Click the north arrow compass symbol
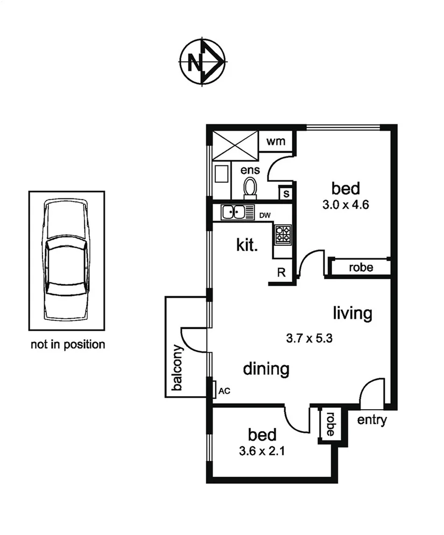click(x=201, y=63)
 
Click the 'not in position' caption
click(x=67, y=345)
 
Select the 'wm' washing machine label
click(x=276, y=142)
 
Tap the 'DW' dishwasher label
click(x=265, y=216)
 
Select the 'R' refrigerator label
click(x=281, y=272)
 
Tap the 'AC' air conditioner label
click(x=224, y=391)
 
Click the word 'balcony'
click(x=178, y=369)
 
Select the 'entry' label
click(x=371, y=420)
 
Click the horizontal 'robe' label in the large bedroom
click(x=361, y=267)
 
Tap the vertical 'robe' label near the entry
click(x=329, y=424)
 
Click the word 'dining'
click(x=266, y=369)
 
